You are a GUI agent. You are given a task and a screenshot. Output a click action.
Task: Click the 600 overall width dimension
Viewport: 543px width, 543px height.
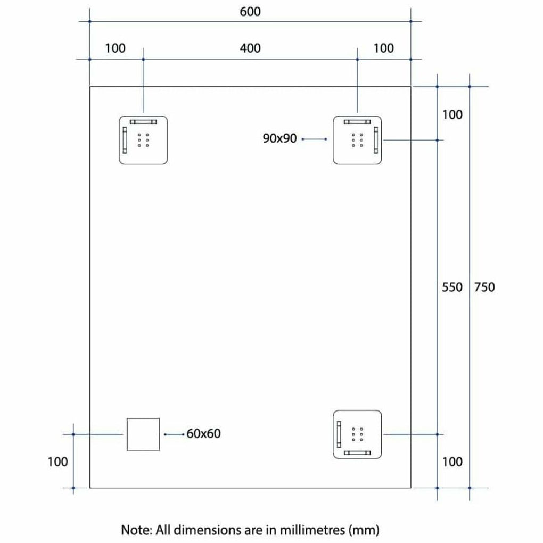tap(250, 12)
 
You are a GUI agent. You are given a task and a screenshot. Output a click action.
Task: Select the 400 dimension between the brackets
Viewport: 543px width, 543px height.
tap(250, 48)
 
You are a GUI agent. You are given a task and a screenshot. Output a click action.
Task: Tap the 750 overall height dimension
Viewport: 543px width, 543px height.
tap(484, 287)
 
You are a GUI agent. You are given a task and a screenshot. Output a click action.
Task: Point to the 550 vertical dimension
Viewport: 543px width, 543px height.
tap(452, 287)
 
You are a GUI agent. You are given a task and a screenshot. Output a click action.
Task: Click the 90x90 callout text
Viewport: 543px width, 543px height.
tap(279, 138)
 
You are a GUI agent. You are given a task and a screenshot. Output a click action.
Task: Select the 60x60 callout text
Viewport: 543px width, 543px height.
tap(203, 433)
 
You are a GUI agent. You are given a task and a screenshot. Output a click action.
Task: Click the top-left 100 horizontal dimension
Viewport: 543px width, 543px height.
tap(116, 48)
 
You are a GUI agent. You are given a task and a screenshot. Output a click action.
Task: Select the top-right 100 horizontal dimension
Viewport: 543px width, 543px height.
tap(383, 48)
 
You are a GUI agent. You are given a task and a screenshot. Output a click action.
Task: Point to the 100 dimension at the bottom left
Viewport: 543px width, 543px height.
tap(57, 462)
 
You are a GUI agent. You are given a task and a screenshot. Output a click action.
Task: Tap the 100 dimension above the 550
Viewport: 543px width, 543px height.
tap(452, 114)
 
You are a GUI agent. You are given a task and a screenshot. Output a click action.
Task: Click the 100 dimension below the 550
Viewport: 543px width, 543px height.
tap(452, 462)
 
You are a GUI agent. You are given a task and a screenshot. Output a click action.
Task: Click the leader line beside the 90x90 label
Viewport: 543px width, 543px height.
tap(315, 139)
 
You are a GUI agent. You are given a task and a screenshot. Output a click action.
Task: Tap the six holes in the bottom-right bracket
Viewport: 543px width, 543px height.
tap(357, 434)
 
